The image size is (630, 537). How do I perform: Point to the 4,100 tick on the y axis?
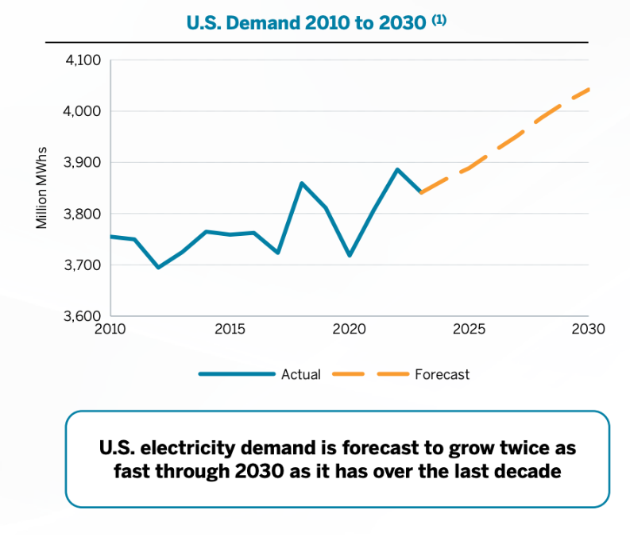83,60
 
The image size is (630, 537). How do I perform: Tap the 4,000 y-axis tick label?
83,111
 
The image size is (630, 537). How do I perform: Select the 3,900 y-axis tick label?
83,163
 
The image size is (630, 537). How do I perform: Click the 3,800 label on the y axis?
83,214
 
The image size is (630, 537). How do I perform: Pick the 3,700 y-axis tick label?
83,265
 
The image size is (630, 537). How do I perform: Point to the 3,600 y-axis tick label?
83,316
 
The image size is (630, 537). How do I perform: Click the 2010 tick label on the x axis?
110,329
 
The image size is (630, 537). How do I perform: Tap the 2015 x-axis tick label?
230,329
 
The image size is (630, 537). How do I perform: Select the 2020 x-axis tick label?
349,329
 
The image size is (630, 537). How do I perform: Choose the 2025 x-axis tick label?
469,329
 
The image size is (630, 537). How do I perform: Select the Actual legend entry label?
301,374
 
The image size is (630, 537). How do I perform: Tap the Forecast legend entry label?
442,374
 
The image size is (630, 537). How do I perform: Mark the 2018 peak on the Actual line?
302,184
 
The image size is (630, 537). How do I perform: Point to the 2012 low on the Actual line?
158,267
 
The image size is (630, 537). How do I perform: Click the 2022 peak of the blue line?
397,169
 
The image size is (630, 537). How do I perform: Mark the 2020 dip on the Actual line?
350,255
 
